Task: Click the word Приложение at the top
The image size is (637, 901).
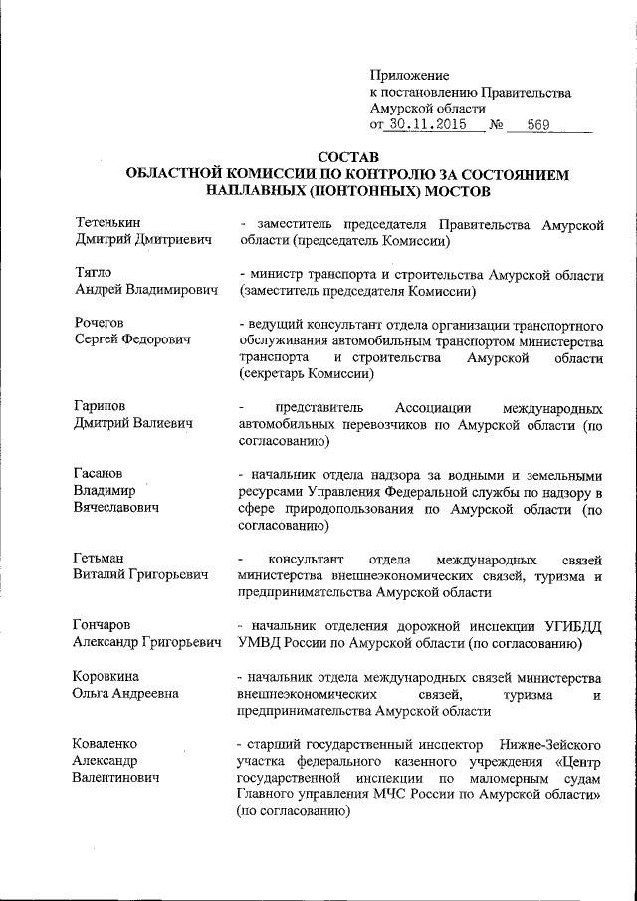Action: pos(409,75)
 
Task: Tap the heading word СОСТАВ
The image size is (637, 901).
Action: pos(347,156)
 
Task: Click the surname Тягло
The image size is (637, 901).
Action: pos(95,273)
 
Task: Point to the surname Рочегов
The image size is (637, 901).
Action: pos(104,323)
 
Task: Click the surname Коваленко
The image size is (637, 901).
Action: pos(111,745)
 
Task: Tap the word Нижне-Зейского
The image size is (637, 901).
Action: pos(544,745)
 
